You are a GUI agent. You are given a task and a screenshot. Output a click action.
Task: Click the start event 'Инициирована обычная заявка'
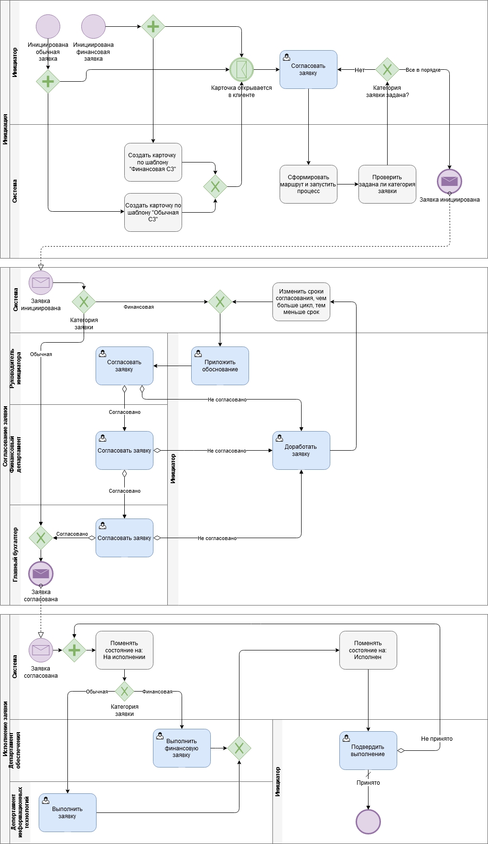coord(48,26)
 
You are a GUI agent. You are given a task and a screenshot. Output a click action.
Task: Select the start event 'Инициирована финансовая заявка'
coord(93,26)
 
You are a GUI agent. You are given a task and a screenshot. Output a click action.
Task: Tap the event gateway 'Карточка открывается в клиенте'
coord(241,69)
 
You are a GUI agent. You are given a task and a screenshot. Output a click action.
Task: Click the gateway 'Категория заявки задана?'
coord(387,70)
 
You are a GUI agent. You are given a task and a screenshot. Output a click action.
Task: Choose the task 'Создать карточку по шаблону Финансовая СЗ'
coord(153,162)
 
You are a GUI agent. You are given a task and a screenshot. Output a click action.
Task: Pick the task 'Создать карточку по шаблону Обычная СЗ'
coord(153,212)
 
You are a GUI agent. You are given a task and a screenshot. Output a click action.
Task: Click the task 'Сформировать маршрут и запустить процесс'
coord(308,184)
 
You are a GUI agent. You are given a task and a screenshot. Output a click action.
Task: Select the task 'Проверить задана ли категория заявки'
coord(387,184)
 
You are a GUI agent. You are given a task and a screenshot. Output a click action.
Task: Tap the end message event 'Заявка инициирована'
coord(449,181)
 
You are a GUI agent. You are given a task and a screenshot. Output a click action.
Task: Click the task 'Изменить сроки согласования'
coord(301,302)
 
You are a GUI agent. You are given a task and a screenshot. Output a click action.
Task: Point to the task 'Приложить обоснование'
coord(220,366)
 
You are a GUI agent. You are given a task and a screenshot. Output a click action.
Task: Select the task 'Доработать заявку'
coord(301,450)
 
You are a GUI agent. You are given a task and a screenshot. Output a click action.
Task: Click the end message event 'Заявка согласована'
coord(41,573)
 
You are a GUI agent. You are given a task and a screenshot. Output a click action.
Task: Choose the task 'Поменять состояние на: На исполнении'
coord(124,650)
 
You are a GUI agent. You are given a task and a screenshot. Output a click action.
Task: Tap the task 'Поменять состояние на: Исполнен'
coord(368,650)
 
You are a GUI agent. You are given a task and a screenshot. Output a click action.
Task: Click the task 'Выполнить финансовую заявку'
coord(182,748)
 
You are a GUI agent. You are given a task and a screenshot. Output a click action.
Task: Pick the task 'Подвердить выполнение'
coord(368,750)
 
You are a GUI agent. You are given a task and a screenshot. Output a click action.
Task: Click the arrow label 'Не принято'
coord(436,739)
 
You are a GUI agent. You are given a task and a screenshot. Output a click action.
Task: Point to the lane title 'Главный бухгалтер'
coord(15,554)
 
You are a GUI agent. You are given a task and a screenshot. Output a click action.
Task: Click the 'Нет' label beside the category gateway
coord(359,70)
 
